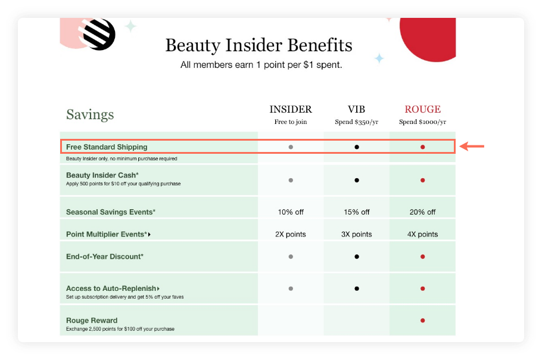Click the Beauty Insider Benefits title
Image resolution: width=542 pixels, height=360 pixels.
point(258,45)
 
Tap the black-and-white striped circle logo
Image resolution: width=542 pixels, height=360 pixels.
point(99,33)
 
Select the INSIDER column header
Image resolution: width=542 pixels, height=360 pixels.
point(291,110)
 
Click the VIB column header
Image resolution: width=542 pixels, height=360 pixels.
point(356,110)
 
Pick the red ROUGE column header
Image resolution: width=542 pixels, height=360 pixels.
point(422,110)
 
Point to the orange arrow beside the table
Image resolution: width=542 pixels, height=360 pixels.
point(472,146)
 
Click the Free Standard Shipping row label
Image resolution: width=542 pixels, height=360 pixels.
point(107,147)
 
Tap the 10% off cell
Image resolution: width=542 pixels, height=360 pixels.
point(291,212)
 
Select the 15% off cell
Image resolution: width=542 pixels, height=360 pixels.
point(356,212)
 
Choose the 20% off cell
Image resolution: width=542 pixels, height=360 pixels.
point(422,212)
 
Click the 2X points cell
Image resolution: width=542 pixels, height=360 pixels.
point(291,234)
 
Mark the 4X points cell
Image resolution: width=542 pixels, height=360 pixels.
point(422,234)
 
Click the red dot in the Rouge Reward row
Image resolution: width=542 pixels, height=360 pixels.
point(422,320)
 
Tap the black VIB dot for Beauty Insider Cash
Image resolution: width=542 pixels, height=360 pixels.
point(356,180)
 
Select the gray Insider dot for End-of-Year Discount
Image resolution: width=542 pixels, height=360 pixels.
point(291,256)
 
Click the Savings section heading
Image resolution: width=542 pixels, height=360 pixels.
point(90,114)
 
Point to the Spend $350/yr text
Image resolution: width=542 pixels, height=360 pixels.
point(356,122)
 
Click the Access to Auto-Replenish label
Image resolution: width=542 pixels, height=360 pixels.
point(111,288)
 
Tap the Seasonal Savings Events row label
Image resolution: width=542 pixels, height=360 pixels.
point(111,212)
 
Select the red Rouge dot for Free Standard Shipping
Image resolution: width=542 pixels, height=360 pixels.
point(422,147)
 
